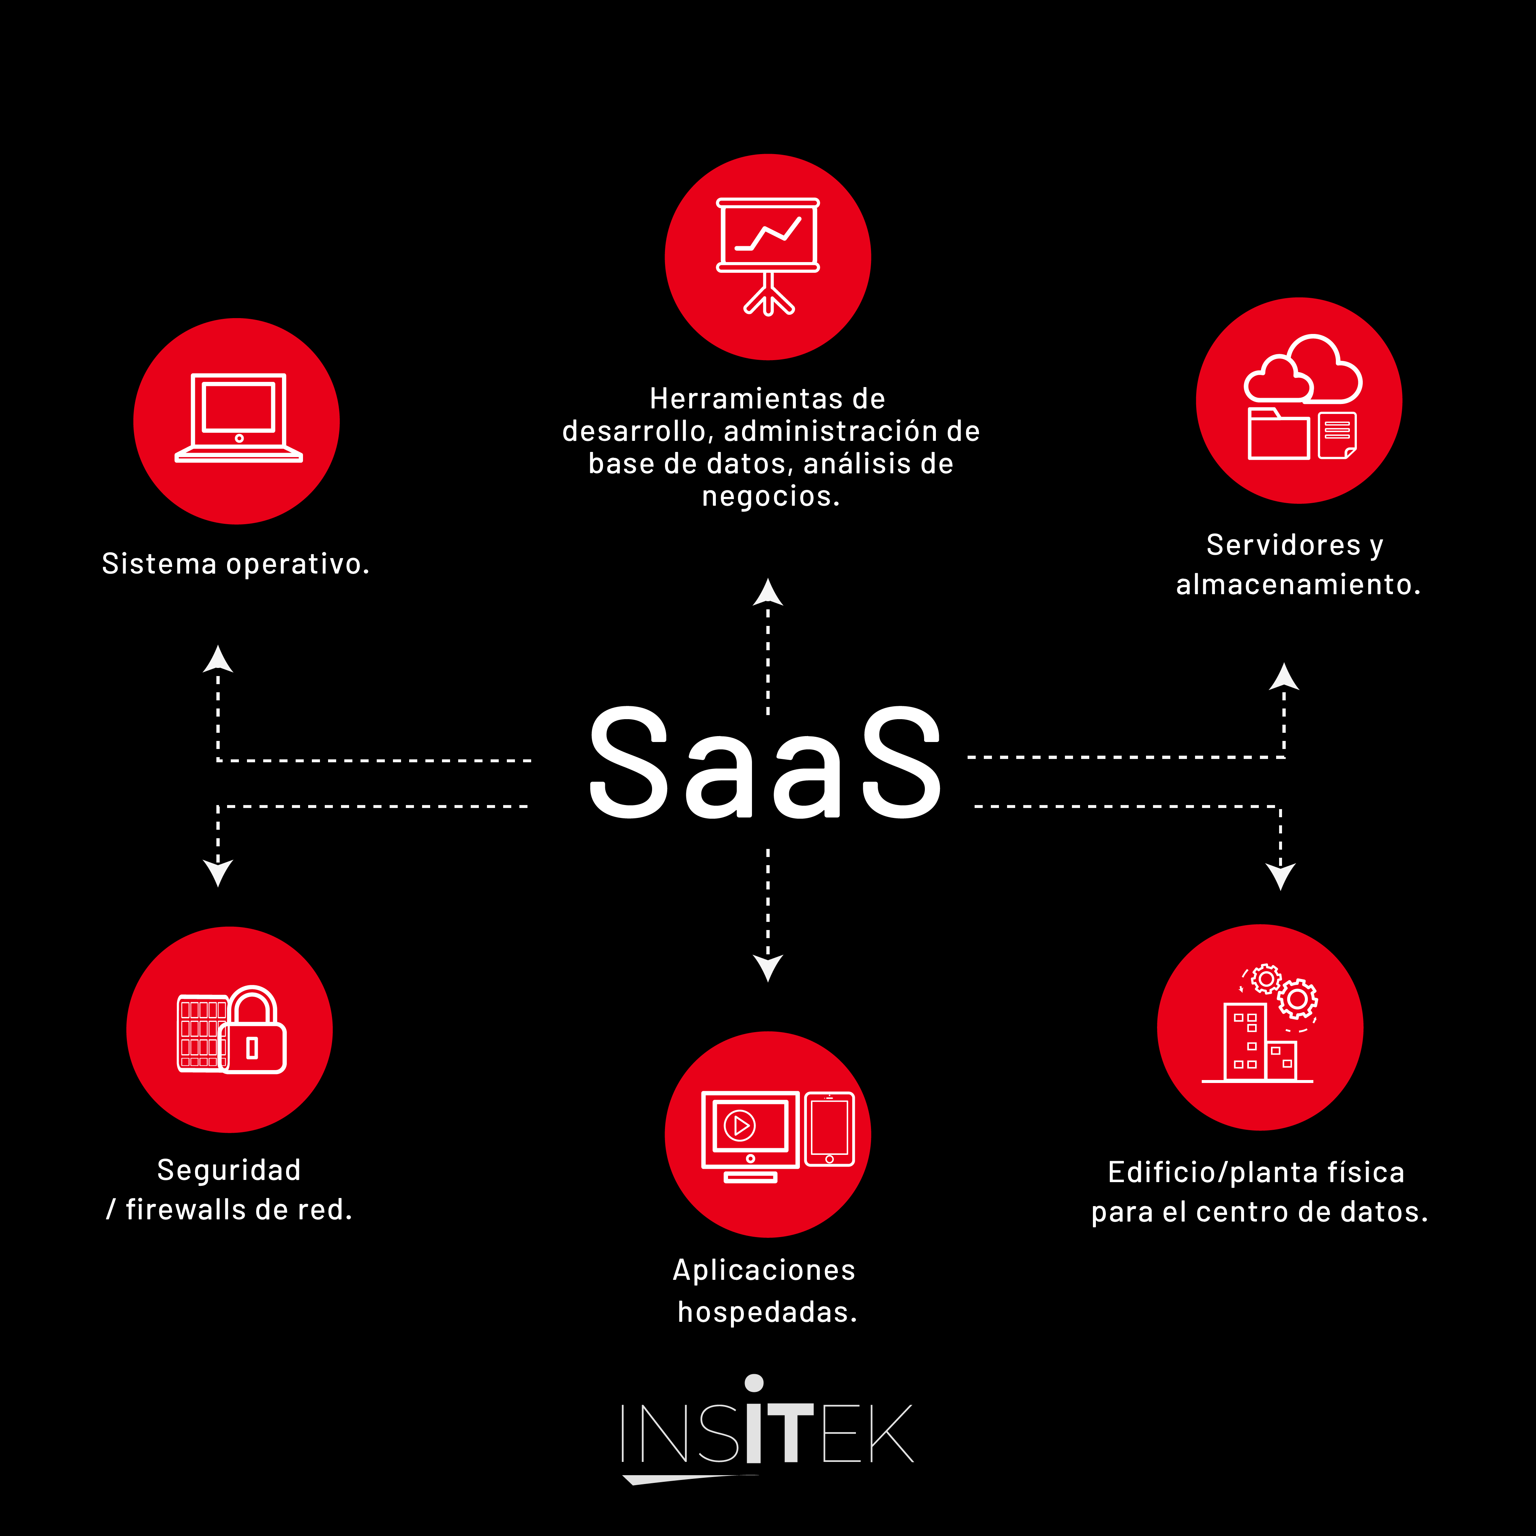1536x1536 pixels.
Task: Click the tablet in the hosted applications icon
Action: pyautogui.click(x=829, y=1129)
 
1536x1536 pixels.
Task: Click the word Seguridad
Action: pyautogui.click(x=229, y=1170)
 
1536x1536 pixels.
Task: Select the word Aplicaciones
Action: pyautogui.click(x=764, y=1269)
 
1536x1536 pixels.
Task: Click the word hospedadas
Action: pyautogui.click(x=766, y=1312)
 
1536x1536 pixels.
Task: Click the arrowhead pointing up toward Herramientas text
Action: pyautogui.click(x=768, y=593)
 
